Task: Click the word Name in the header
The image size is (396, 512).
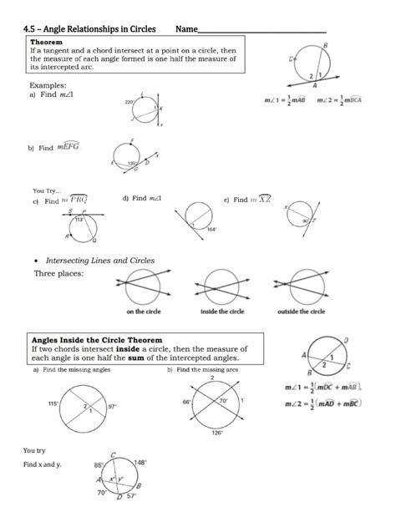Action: tap(186, 29)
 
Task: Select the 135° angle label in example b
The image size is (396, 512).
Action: tap(131, 164)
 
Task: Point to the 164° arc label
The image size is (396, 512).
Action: tap(212, 229)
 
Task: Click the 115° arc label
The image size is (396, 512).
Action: tap(53, 403)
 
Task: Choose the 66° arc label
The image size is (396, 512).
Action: tap(185, 402)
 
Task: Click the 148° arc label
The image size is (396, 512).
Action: tap(140, 463)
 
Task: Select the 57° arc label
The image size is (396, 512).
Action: tap(130, 505)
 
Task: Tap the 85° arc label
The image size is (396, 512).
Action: tap(98, 465)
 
